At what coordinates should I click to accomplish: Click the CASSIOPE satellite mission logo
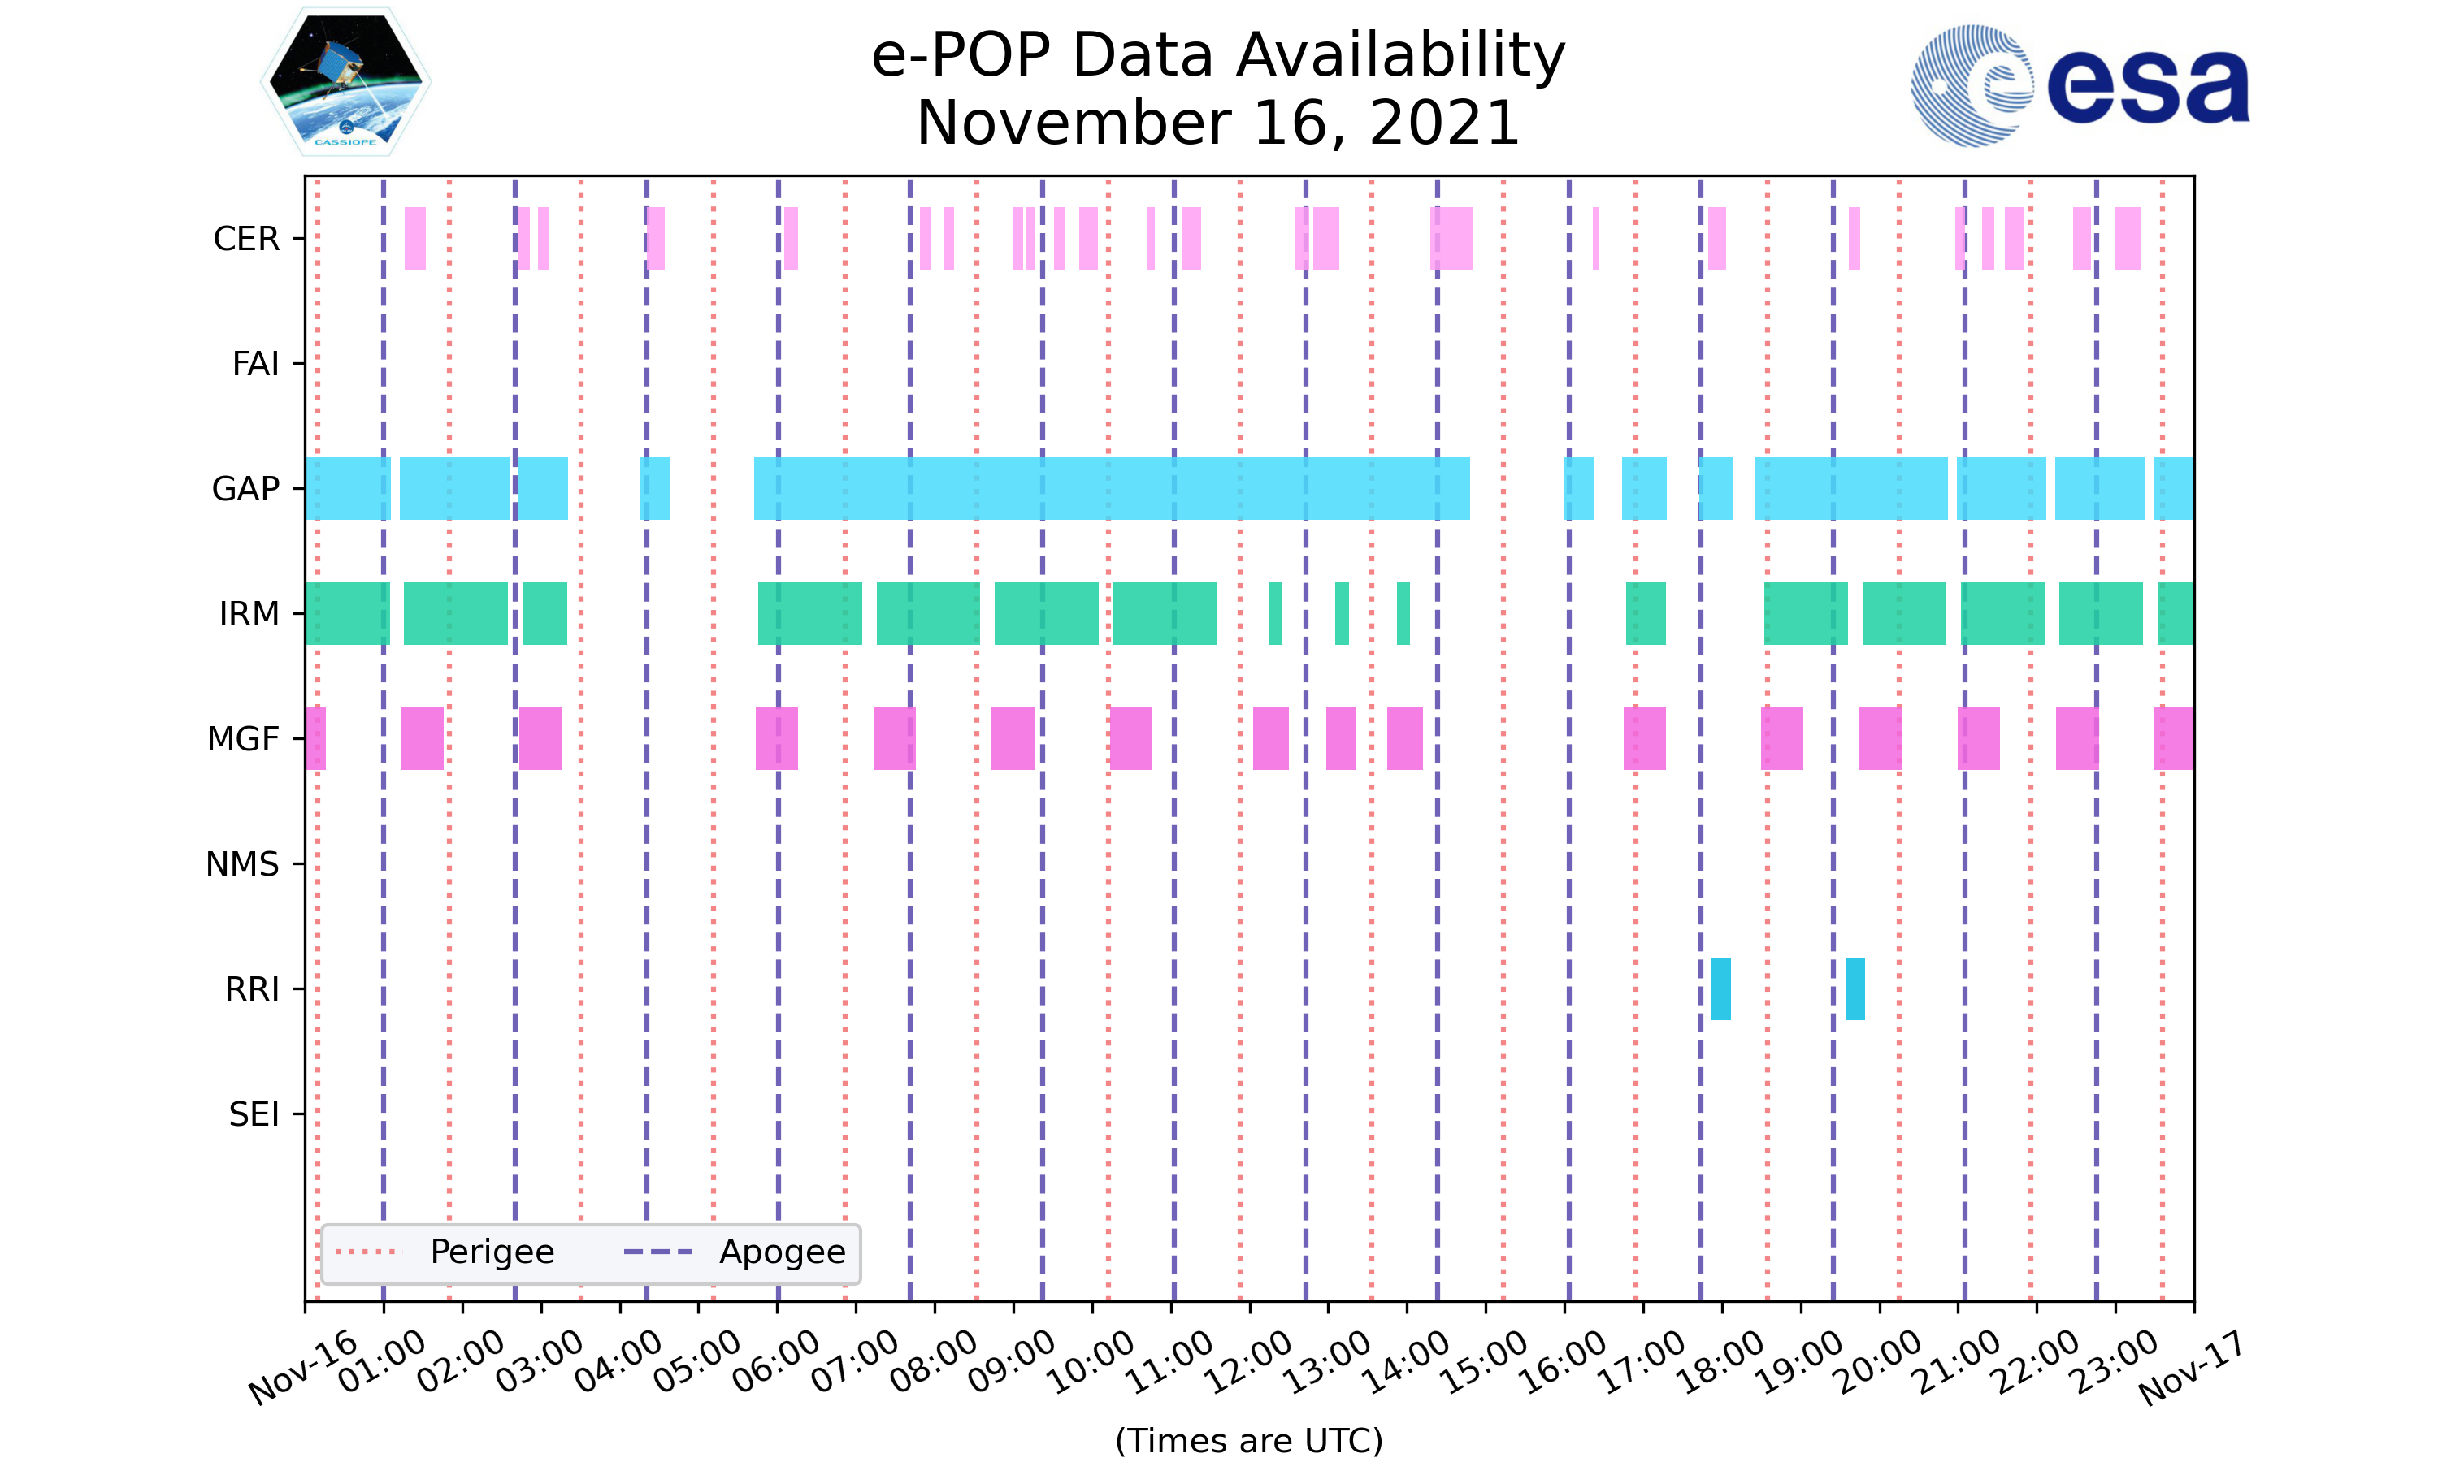point(346,83)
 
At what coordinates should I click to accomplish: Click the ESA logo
point(2080,87)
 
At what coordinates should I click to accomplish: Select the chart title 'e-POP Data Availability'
point(1218,55)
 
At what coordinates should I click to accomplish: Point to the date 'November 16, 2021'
point(1218,123)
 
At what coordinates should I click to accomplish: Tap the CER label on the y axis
point(246,239)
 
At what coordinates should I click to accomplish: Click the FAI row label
point(255,364)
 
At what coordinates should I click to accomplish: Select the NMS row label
point(242,864)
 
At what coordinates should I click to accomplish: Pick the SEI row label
point(254,1114)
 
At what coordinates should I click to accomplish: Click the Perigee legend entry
point(492,1252)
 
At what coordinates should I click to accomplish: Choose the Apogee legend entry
point(782,1252)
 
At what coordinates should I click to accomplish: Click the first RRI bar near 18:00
point(1720,988)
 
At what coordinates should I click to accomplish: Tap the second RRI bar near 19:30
point(1855,988)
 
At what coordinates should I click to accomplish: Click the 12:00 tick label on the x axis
point(1250,1361)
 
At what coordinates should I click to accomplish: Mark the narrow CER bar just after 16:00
point(1595,239)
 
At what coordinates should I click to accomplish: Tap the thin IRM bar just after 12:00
point(1275,614)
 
